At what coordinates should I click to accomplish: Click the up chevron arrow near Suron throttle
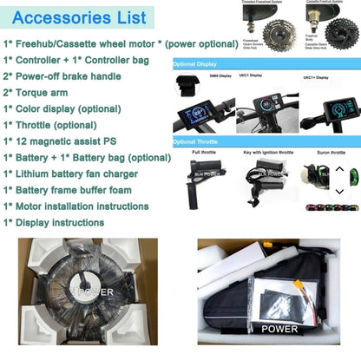click(339, 169)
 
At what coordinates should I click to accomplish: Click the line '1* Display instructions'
click(54, 222)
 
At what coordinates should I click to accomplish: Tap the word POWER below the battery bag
click(279, 330)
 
